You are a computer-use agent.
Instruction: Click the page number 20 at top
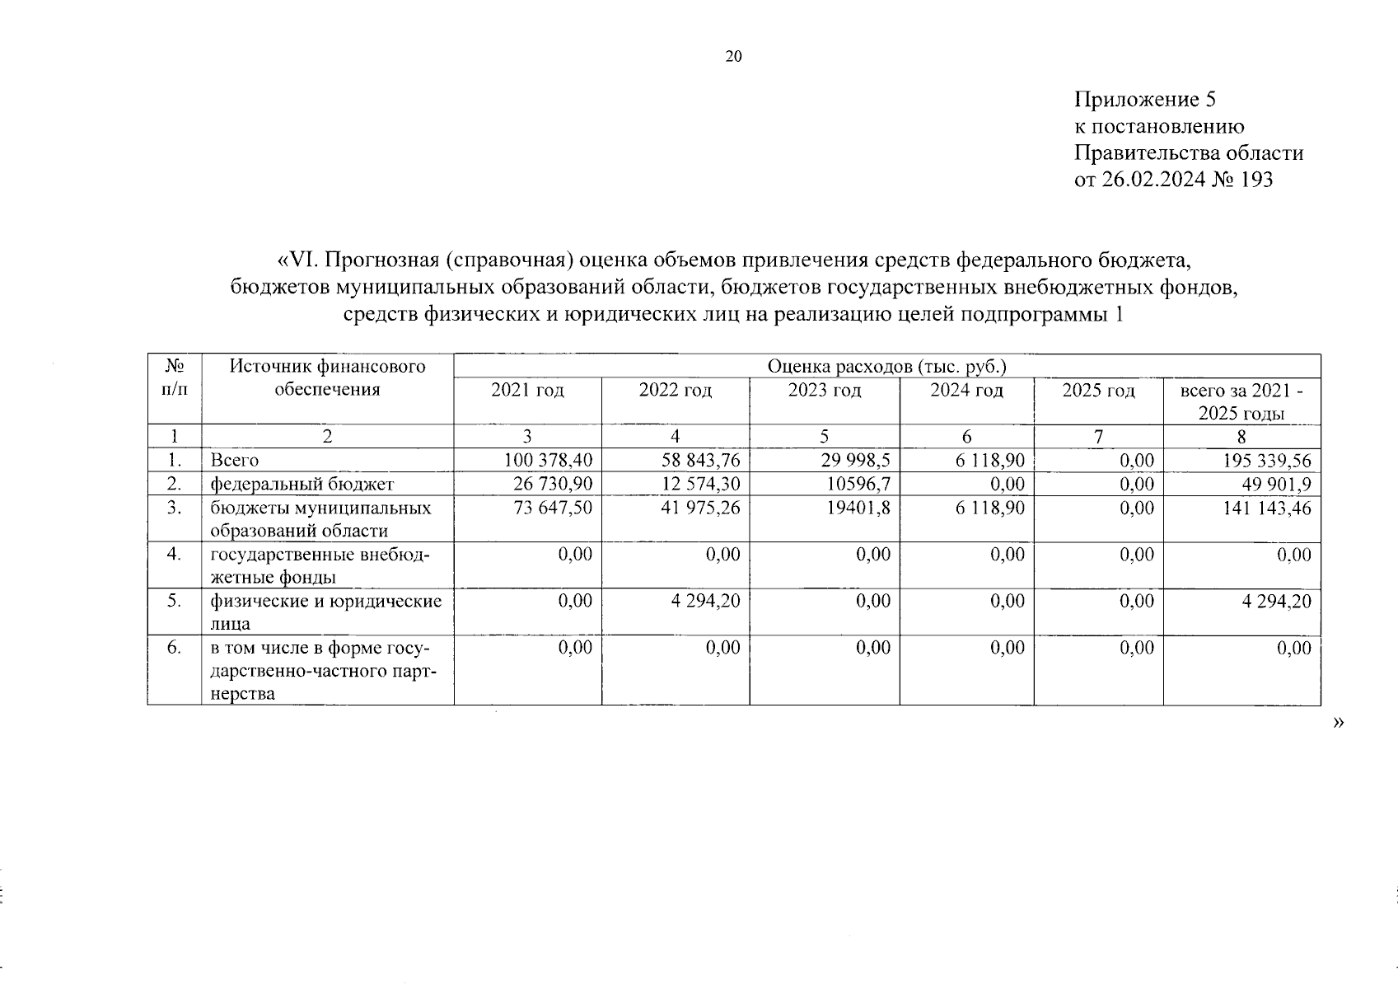pos(733,56)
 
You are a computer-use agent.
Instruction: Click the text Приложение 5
pos(1145,101)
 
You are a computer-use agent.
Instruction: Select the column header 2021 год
pos(527,391)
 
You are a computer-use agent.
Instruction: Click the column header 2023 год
pos(824,391)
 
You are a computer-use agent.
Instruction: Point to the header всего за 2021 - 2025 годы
pos(1241,401)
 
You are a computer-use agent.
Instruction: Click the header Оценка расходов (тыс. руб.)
pos(886,366)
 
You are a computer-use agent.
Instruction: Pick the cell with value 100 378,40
pos(548,461)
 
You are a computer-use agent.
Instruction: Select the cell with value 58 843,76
pos(700,461)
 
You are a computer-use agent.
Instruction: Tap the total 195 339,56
pos(1267,461)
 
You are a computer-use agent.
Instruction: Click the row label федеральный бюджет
pos(302,484)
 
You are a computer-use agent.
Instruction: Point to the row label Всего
pos(235,461)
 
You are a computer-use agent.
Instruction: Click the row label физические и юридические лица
pos(325,612)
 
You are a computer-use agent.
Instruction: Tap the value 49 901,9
pos(1272,484)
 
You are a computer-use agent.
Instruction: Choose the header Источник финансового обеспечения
pos(327,377)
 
